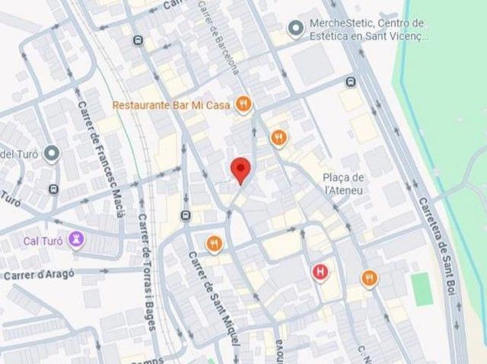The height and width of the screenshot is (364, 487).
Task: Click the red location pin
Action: [x=241, y=169]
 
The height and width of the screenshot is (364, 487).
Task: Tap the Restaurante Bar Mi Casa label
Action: [x=172, y=105]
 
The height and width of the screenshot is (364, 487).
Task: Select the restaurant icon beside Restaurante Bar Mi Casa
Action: [x=243, y=105]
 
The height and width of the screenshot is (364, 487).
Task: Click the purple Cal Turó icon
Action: [x=77, y=241]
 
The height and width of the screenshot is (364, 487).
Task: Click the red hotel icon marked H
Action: [x=322, y=271]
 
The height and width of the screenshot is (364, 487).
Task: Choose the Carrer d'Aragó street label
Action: [x=39, y=275]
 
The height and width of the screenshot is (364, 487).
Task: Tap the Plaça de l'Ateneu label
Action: [x=345, y=183]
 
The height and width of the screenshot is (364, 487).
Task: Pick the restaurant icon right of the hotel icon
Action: [x=370, y=278]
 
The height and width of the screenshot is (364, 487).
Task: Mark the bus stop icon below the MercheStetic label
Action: [x=350, y=82]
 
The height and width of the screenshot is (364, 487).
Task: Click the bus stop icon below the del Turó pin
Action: [x=53, y=189]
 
